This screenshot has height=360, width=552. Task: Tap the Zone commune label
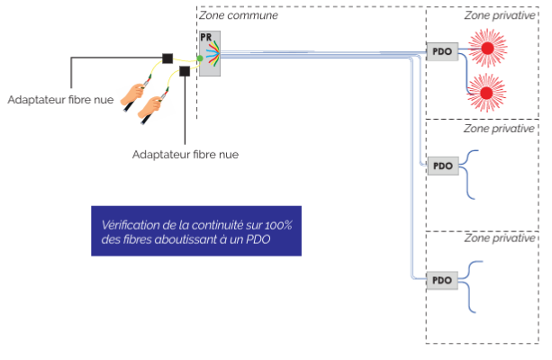(239, 15)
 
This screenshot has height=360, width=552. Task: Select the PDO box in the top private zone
(441, 51)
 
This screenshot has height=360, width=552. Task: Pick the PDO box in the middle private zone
(441, 166)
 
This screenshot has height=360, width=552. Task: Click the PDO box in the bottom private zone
(441, 280)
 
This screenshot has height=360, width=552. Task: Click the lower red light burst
(487, 92)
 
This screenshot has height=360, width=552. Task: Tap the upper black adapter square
(167, 58)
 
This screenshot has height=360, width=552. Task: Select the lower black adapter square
(185, 71)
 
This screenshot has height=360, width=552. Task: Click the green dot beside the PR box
(200, 58)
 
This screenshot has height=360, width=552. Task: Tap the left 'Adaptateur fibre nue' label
(60, 99)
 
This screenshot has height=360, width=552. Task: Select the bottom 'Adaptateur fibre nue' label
(185, 154)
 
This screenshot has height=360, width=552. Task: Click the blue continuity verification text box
(195, 231)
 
